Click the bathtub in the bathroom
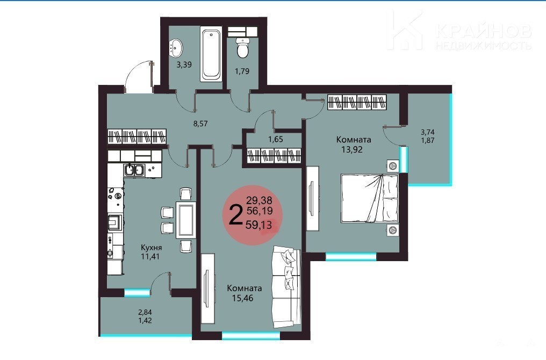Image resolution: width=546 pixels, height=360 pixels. pos(211,54)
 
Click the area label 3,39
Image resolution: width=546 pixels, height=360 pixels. pos(184,64)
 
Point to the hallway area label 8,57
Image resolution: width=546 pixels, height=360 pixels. pos(200,123)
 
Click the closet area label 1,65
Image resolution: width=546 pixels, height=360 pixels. pos(276,139)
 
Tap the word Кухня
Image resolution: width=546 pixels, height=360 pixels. pos(151,248)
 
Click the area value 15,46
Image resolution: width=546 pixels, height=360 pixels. pos(242,298)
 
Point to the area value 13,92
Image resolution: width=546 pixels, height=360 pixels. pos(352,149)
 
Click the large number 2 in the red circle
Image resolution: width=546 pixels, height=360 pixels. pos(236,215)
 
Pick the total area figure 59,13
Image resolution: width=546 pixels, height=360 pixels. pos(258,225)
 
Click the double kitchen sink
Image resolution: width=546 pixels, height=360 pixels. pos(134,170)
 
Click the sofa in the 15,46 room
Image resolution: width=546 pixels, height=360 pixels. pos(286,287)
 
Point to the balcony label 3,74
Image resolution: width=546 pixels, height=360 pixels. pos(428,132)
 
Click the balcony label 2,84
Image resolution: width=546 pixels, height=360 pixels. pos(145,312)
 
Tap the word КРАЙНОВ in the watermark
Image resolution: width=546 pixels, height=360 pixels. pos(484,31)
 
